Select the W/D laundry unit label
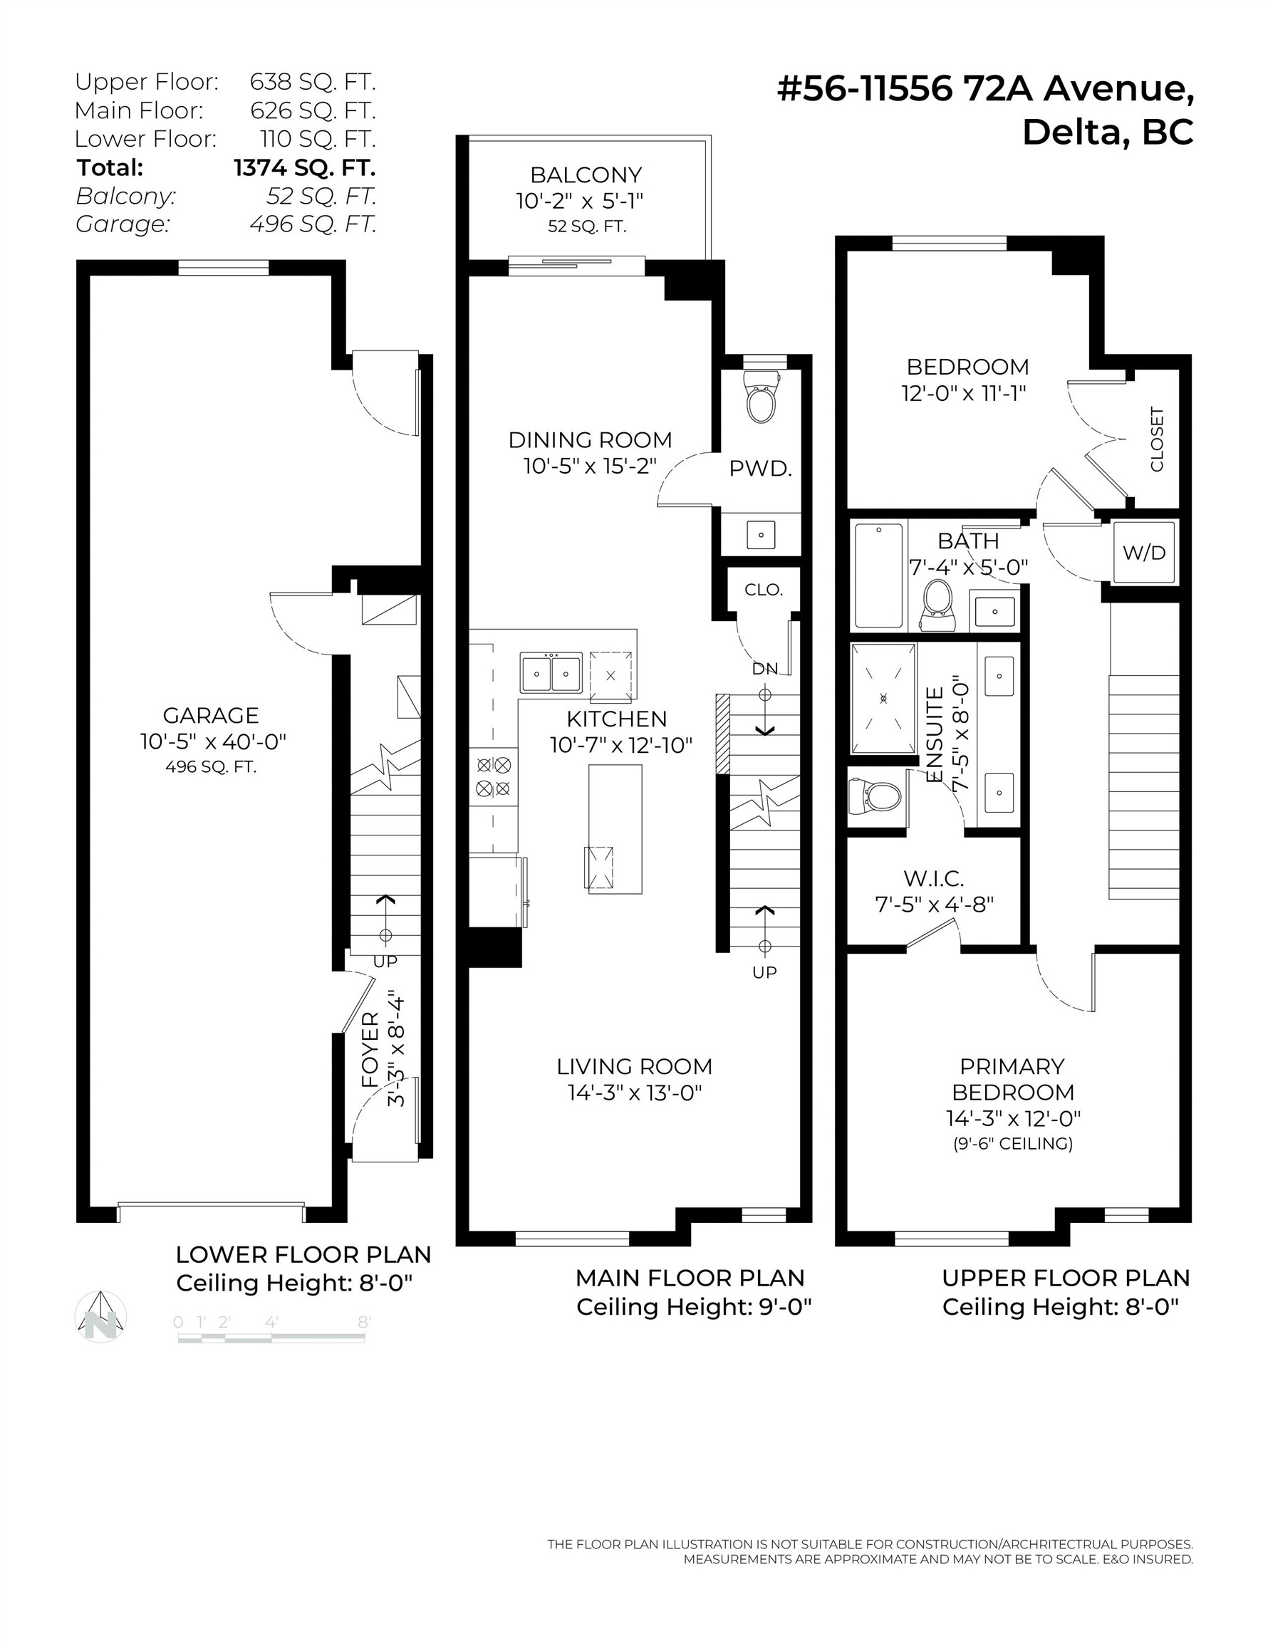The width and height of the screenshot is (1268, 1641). click(1144, 553)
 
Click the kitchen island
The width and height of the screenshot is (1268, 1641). click(615, 829)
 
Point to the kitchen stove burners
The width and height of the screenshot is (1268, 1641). click(494, 777)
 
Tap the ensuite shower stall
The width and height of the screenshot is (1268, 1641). click(883, 698)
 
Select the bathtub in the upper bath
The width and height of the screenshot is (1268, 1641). click(878, 575)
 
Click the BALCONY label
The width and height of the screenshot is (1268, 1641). click(586, 175)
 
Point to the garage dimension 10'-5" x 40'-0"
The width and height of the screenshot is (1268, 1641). click(214, 741)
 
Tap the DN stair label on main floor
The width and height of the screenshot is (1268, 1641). click(764, 668)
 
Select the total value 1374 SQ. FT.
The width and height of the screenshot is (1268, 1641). click(304, 167)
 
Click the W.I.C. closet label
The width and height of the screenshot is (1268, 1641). click(933, 877)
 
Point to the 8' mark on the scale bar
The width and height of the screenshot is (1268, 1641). click(364, 1322)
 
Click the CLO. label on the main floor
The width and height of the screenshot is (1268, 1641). click(764, 590)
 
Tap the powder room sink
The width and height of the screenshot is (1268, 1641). click(762, 535)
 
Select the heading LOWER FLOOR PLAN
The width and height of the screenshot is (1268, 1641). click(303, 1254)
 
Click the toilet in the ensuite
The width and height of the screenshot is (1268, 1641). click(875, 796)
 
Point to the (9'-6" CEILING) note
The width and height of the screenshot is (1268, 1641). click(1012, 1144)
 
